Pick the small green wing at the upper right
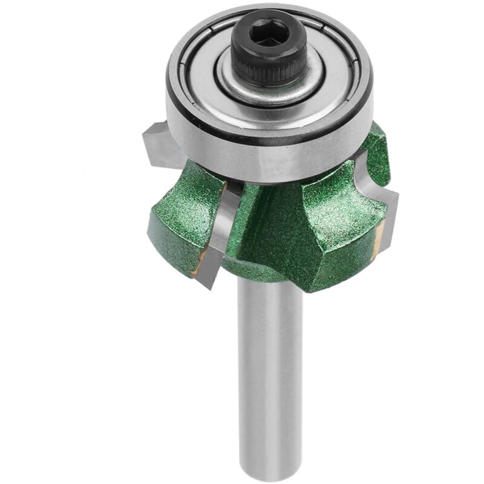click(376, 154)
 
